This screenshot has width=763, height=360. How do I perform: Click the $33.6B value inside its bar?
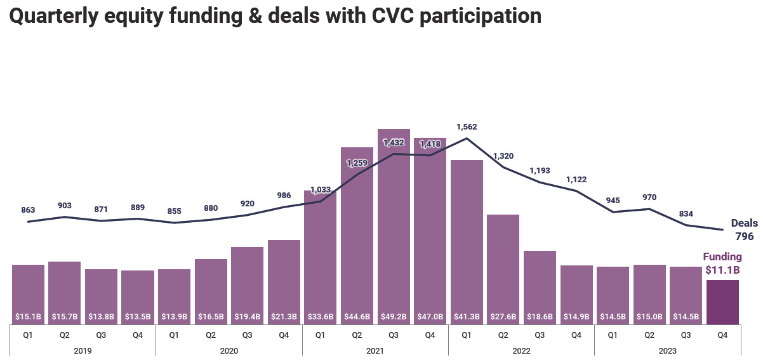pyautogui.click(x=320, y=316)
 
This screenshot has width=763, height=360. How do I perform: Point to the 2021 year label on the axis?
pyautogui.click(x=375, y=350)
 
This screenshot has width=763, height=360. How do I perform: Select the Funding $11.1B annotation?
pyautogui.click(x=722, y=263)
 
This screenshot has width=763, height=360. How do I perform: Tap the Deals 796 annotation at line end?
pyautogui.click(x=744, y=230)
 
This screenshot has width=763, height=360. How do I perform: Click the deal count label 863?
pyautogui.click(x=28, y=210)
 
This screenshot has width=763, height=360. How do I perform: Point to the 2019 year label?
pyautogui.click(x=83, y=350)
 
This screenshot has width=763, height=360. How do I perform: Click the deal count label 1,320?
pyautogui.click(x=503, y=156)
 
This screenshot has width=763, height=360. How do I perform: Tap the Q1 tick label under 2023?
pyautogui.click(x=613, y=334)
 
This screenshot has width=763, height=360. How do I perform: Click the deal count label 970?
pyautogui.click(x=649, y=197)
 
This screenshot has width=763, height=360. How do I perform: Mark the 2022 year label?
pyautogui.click(x=521, y=350)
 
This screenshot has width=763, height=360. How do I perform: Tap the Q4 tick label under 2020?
pyautogui.click(x=284, y=334)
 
